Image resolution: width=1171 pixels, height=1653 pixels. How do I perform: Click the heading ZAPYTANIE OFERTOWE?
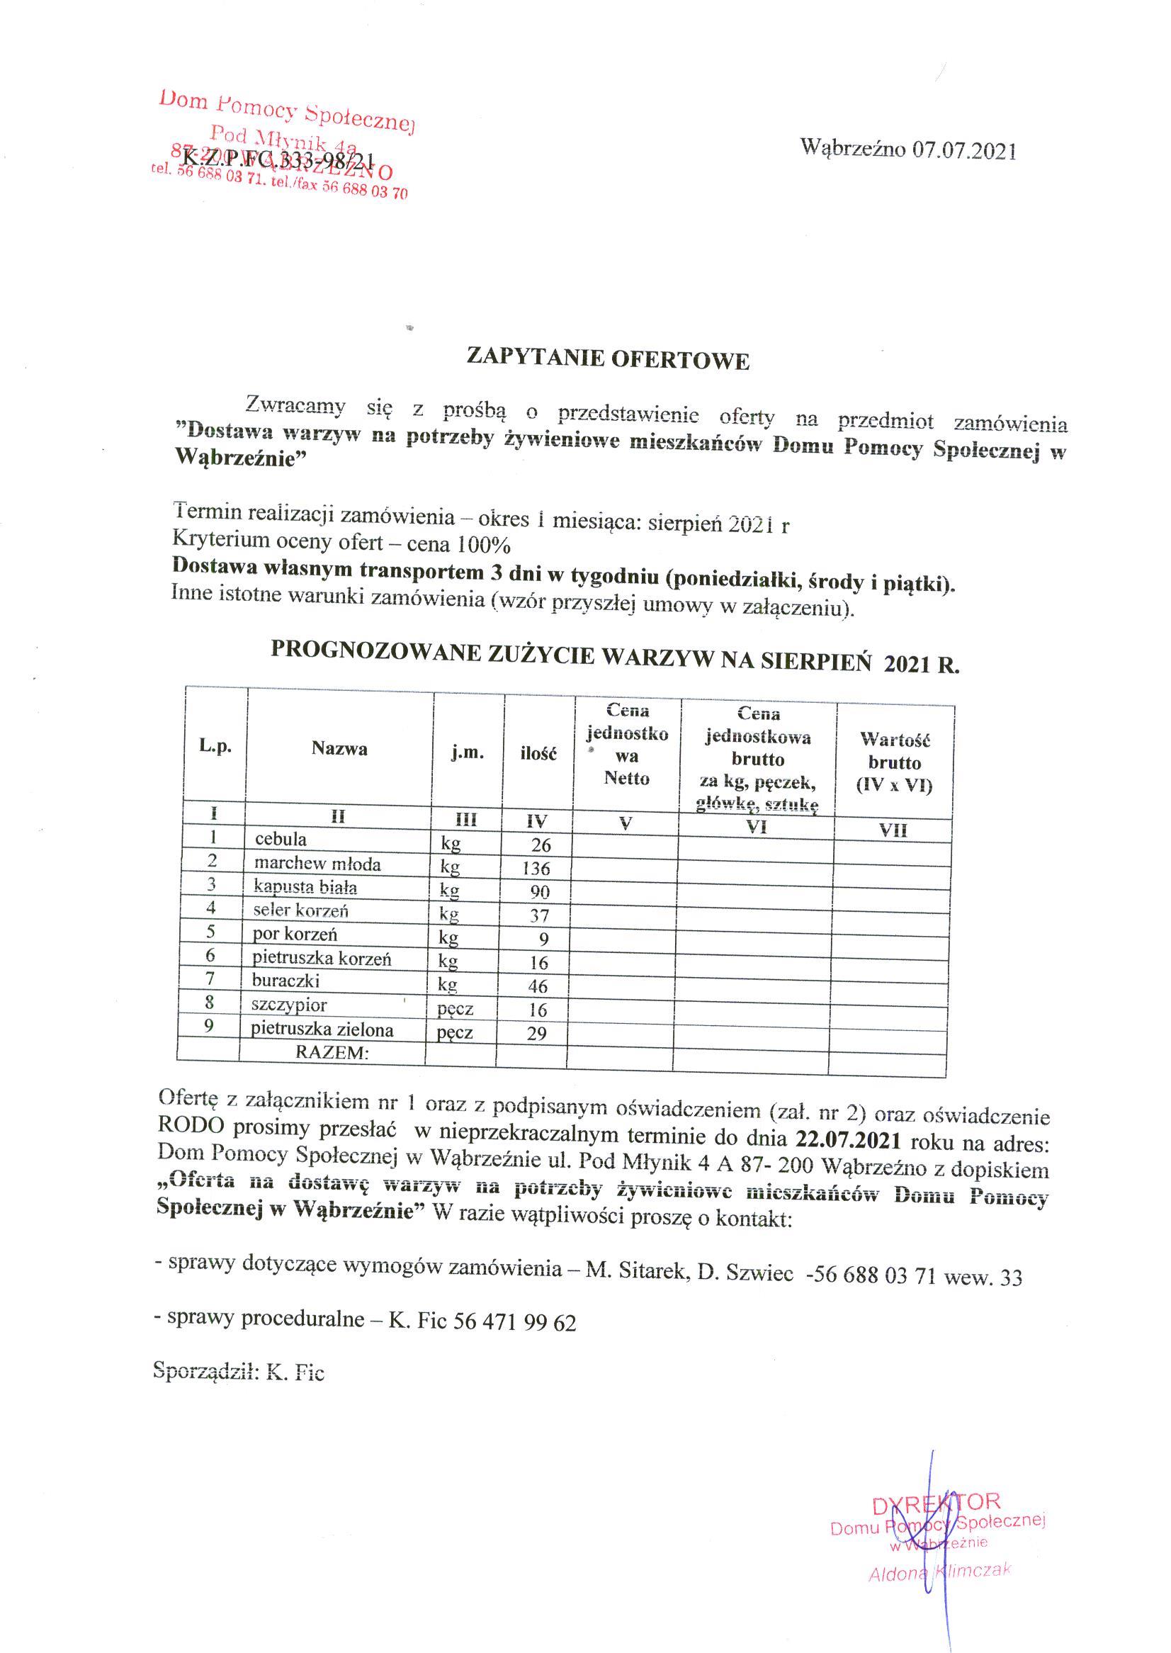608,359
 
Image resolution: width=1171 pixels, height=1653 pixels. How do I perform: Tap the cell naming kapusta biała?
305,887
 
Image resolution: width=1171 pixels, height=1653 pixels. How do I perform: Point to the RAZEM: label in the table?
332,1052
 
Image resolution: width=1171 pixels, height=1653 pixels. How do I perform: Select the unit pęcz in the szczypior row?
455,1010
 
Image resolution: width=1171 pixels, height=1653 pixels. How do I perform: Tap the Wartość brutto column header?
894,762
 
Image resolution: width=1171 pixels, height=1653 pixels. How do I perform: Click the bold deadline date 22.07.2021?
848,1141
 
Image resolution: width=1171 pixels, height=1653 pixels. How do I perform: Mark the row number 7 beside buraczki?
210,979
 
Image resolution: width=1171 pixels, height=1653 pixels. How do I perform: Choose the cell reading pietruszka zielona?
322,1029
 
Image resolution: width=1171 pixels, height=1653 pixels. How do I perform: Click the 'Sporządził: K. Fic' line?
239,1371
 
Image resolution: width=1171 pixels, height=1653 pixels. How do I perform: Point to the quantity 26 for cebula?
541,845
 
